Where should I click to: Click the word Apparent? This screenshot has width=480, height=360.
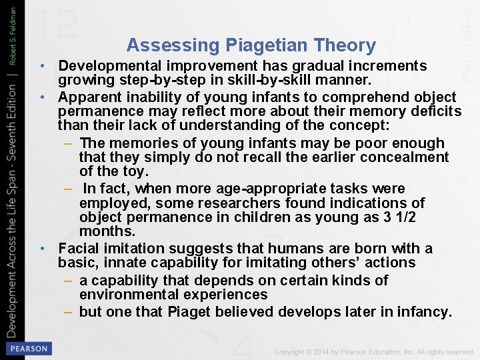coord(87,97)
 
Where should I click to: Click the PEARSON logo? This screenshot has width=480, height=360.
coord(28,348)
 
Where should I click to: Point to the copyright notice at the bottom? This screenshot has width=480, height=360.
coord(373,351)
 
